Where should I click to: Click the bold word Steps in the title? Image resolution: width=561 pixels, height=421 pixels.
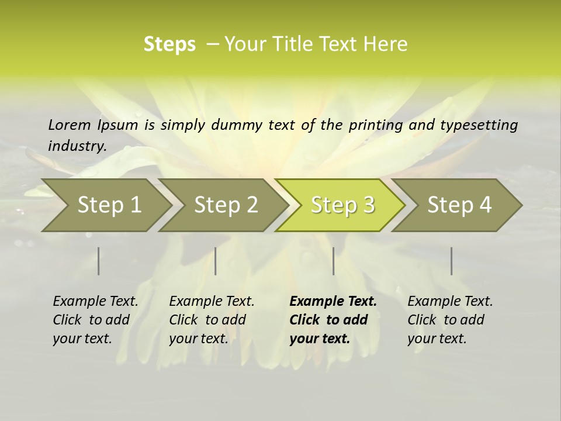[169, 44]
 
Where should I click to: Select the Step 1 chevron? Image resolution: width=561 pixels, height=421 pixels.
[109, 205]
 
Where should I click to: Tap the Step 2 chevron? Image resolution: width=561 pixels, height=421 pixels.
[226, 205]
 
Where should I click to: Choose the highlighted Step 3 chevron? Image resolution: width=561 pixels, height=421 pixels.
[342, 205]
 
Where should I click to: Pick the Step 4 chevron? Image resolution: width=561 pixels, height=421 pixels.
[459, 205]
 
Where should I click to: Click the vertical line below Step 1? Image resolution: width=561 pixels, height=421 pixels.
[98, 261]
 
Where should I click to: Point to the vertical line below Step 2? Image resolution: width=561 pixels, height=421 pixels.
[216, 261]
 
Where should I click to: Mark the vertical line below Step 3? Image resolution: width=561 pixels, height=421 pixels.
[333, 261]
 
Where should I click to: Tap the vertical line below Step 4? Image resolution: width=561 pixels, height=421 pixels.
[451, 261]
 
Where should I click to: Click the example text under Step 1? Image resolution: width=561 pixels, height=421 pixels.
[95, 320]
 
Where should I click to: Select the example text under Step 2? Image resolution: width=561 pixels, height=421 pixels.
[212, 320]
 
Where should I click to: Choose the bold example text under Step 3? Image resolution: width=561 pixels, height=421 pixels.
[333, 320]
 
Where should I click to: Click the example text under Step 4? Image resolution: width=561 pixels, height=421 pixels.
[450, 320]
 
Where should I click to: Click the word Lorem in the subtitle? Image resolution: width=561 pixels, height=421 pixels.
[70, 125]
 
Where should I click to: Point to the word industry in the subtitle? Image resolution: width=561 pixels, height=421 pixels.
[77, 146]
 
